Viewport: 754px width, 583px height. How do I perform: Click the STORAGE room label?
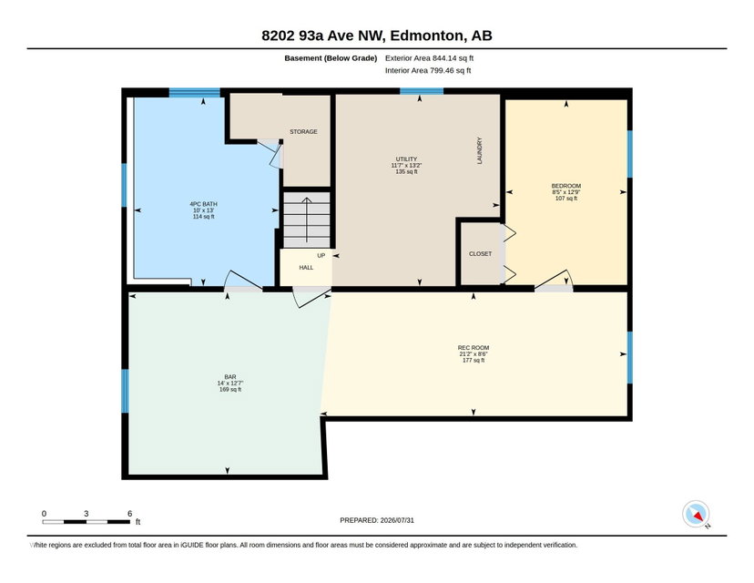pos(303,131)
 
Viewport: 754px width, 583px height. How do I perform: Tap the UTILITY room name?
pos(406,159)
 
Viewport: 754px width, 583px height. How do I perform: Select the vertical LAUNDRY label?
pos(479,150)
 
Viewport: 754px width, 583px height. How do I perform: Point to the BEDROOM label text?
pos(566,186)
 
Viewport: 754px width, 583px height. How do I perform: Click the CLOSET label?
pos(481,253)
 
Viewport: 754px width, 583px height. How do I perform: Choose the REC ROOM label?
pos(474,348)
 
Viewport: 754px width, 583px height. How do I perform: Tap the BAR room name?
pos(230,377)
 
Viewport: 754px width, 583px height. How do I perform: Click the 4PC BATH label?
pos(203,204)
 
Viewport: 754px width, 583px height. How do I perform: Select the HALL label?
pos(306,268)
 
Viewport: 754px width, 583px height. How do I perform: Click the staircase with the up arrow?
pos(307,220)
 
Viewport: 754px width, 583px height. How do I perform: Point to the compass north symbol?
pos(696,514)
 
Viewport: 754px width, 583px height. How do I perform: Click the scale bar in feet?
pos(87,521)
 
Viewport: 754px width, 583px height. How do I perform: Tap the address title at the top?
pos(377,36)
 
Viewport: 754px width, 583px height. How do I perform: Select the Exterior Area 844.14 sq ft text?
pos(430,58)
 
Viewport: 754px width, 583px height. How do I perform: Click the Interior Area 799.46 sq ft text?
pos(428,70)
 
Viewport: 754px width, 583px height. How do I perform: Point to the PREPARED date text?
pos(377,520)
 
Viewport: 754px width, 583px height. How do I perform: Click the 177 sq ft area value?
pos(474,361)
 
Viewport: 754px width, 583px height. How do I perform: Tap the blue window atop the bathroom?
pos(195,92)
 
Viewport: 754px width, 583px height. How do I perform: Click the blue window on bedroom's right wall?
pos(629,154)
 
